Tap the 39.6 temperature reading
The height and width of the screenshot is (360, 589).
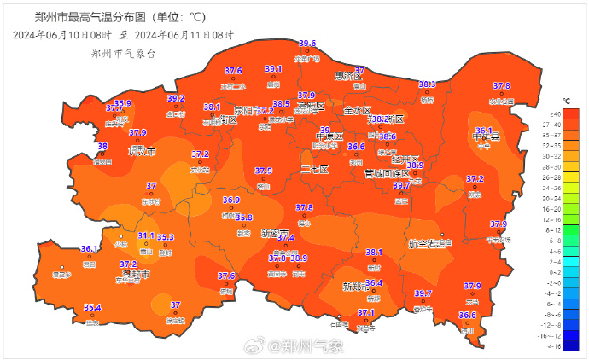[x=307, y=44]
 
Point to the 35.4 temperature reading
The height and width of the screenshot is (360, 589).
[x=92, y=308]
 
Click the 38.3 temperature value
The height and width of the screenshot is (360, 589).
[x=427, y=84]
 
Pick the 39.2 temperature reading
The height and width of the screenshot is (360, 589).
[x=176, y=99]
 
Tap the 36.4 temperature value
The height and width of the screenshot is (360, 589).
[x=374, y=283]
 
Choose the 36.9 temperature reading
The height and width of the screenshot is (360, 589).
[x=231, y=200]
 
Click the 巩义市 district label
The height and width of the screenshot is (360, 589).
[x=142, y=152]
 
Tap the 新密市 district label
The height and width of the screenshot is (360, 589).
[x=276, y=233]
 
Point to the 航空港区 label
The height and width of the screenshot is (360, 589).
[x=431, y=244]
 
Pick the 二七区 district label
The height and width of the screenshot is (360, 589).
[x=314, y=169]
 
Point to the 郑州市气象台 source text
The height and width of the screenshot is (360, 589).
[x=124, y=53]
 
